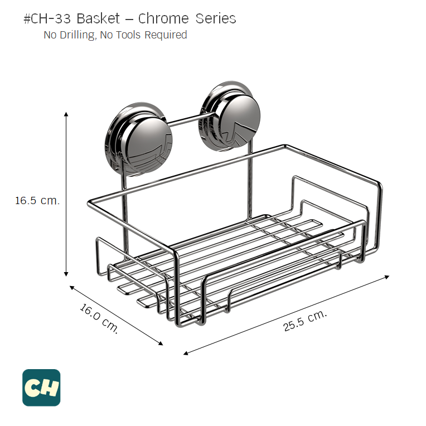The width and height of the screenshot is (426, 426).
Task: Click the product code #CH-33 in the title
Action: [x=48, y=18]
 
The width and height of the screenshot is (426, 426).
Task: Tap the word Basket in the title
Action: [x=98, y=18]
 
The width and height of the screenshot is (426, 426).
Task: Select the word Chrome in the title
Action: [x=164, y=18]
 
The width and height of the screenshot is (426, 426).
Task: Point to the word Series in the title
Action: [x=216, y=18]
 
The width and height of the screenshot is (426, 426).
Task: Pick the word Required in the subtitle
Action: [x=166, y=35]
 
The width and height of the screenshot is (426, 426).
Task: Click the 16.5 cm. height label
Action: [x=37, y=201]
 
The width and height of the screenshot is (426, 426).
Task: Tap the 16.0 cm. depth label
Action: [x=99, y=318]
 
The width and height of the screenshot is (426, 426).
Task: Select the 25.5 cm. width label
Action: [x=304, y=321]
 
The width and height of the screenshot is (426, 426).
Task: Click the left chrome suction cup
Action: [x=138, y=138]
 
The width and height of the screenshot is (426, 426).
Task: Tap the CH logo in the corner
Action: [x=41, y=388]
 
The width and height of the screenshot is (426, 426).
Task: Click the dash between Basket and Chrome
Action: [x=129, y=19]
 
